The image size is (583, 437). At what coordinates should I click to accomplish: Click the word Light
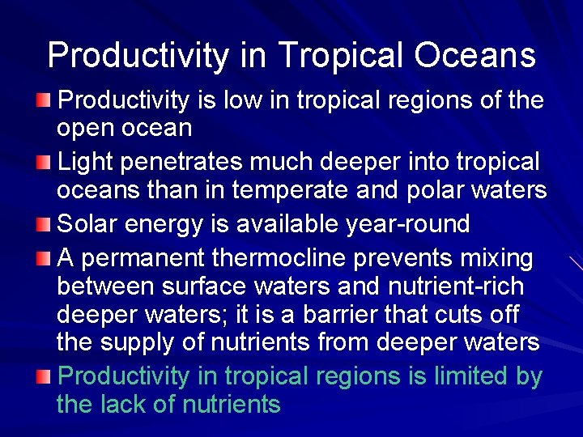[x=86, y=162]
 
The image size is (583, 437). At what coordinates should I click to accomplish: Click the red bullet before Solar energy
[x=48, y=223]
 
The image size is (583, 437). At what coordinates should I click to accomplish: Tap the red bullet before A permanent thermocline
[x=48, y=258]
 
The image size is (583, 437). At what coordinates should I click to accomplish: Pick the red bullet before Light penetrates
[x=48, y=162]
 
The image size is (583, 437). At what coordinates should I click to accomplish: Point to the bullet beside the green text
[x=48, y=375]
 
